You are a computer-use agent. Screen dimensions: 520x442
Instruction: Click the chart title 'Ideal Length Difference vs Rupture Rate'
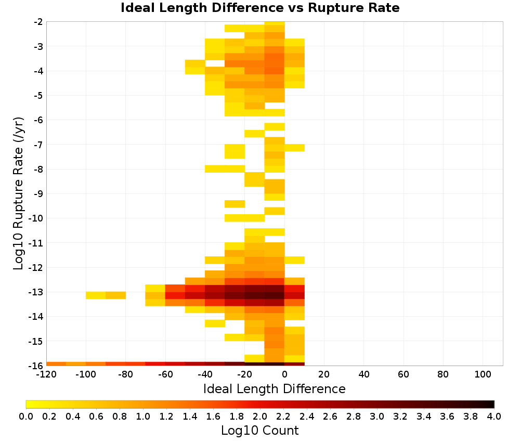(x=260, y=8)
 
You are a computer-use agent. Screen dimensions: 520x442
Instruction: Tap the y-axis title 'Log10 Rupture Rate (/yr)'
(x=18, y=193)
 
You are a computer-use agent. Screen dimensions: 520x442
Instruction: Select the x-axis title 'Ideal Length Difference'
(x=274, y=388)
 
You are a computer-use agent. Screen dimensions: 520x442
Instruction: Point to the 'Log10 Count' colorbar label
(x=259, y=431)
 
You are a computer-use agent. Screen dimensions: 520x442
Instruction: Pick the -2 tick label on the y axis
(x=38, y=22)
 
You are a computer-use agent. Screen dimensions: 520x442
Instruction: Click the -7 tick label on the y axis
(x=38, y=145)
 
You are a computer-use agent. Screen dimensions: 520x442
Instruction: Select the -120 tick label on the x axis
(x=46, y=375)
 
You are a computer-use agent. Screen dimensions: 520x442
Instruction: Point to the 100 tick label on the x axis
(x=483, y=375)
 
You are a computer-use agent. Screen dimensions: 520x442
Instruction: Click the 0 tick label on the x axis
(x=284, y=375)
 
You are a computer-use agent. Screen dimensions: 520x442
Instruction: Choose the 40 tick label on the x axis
(x=364, y=375)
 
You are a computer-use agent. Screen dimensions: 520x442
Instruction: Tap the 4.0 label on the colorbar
(x=494, y=417)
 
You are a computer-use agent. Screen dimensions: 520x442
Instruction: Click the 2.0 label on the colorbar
(x=260, y=417)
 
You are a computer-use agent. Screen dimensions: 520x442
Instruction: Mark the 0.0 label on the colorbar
(x=26, y=417)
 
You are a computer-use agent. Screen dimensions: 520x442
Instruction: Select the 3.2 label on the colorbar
(x=400, y=417)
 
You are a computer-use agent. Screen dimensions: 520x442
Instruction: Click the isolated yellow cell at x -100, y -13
(x=96, y=295)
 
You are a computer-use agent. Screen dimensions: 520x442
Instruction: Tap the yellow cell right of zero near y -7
(x=294, y=148)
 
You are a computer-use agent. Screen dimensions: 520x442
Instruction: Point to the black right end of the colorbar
(x=493, y=404)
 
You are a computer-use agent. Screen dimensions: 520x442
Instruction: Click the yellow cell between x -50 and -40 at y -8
(x=215, y=169)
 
